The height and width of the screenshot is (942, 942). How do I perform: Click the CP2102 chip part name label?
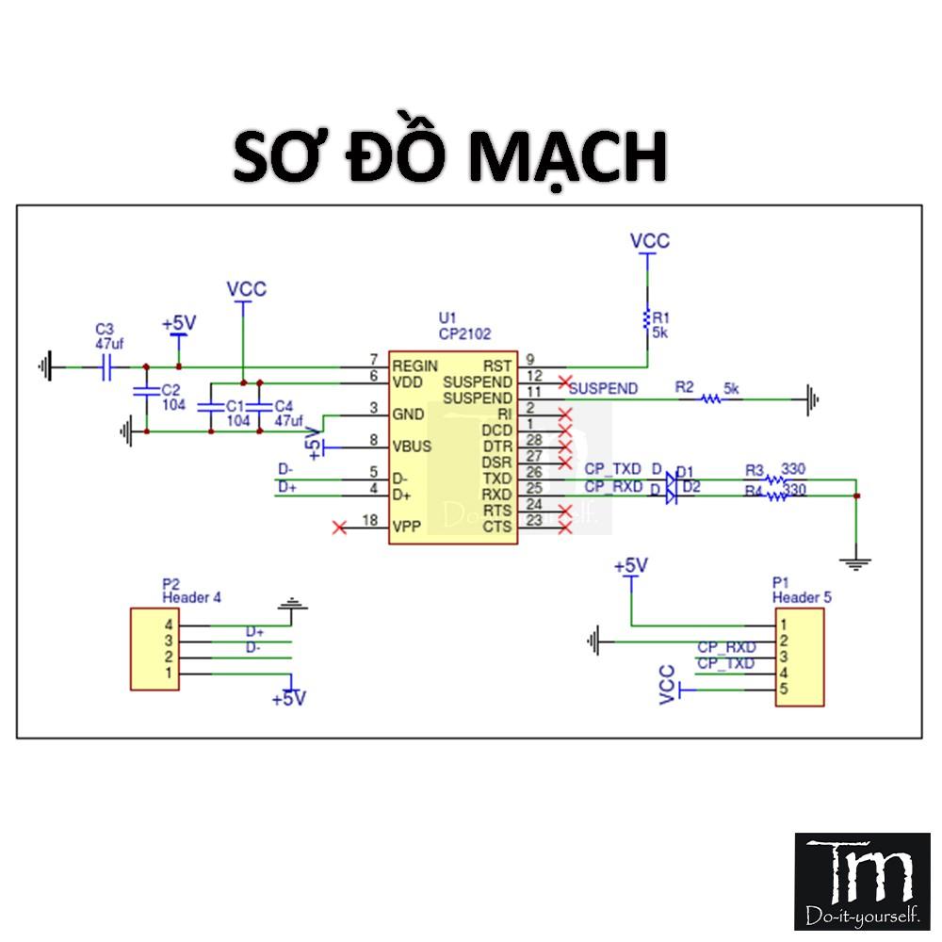pyautogui.click(x=464, y=333)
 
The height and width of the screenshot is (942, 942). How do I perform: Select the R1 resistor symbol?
pyautogui.click(x=647, y=317)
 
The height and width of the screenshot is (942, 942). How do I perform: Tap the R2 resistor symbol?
pyautogui.click(x=711, y=399)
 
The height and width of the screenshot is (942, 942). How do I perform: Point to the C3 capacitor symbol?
pyautogui.click(x=107, y=366)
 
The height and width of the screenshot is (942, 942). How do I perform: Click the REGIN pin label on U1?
pyautogui.click(x=415, y=365)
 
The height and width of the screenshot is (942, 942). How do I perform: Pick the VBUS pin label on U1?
pyautogui.click(x=414, y=447)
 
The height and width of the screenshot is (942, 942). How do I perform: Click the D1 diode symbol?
pyautogui.click(x=670, y=479)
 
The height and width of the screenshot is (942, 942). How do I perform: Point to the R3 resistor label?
pyautogui.click(x=754, y=469)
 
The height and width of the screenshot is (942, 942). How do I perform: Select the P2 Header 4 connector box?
pyautogui.click(x=154, y=649)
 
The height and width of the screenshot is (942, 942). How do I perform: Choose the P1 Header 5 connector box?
pyautogui.click(x=799, y=658)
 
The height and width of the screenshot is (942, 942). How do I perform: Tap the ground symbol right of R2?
pyautogui.click(x=812, y=399)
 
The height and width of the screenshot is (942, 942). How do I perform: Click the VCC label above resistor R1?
pyautogui.click(x=649, y=241)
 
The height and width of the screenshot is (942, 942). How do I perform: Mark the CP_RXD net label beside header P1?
pyautogui.click(x=726, y=647)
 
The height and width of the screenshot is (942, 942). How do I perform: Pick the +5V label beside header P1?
pyautogui.click(x=630, y=565)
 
